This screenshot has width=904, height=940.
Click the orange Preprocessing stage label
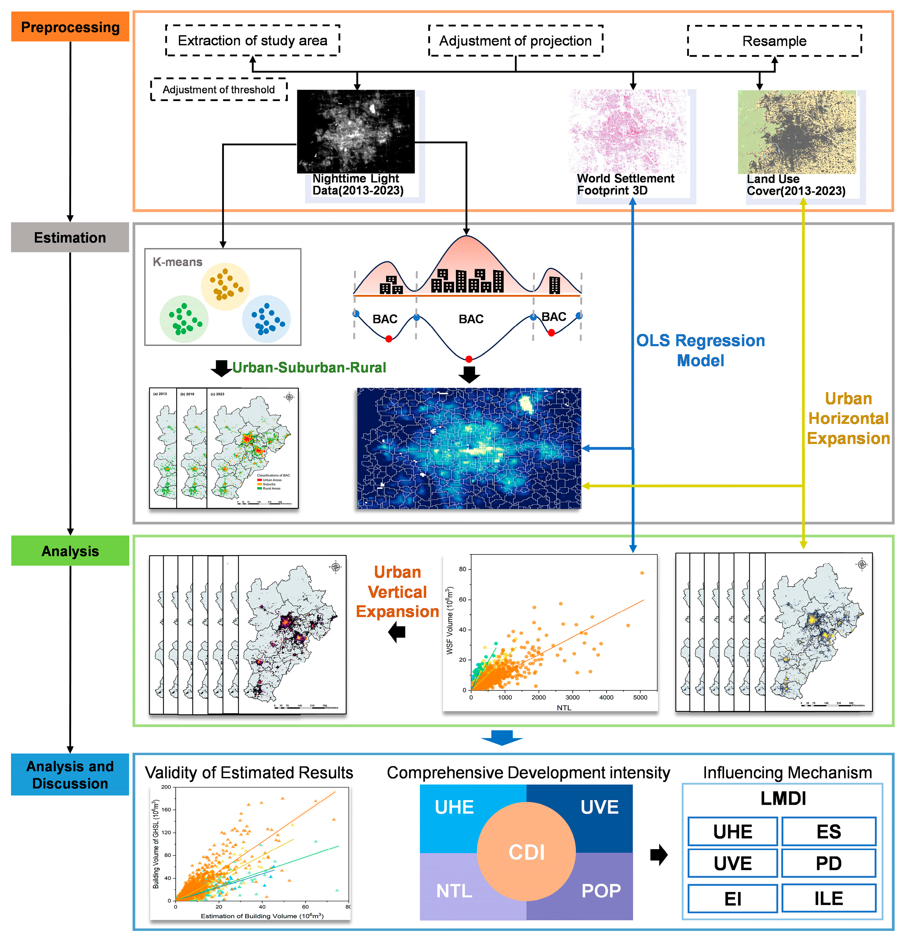pos(70,27)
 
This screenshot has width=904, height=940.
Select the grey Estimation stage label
pos(70,237)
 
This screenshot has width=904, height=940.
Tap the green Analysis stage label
pos(70,551)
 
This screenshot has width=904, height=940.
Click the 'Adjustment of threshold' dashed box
pos(219,90)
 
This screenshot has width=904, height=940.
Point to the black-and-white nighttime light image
pos(355,131)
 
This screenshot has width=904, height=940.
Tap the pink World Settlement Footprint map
pos(627,131)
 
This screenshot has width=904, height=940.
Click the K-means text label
pos(177,262)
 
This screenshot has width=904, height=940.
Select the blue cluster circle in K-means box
pos(266,319)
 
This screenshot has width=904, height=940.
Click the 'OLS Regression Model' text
pos(700,350)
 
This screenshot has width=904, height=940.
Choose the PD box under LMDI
pos(828,863)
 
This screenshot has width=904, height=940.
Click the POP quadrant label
pos(600,891)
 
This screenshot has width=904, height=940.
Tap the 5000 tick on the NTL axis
pos(640,697)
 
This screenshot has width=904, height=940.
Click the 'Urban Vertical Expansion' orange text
pos(397,592)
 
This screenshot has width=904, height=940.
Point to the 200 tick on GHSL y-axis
pos(166,787)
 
